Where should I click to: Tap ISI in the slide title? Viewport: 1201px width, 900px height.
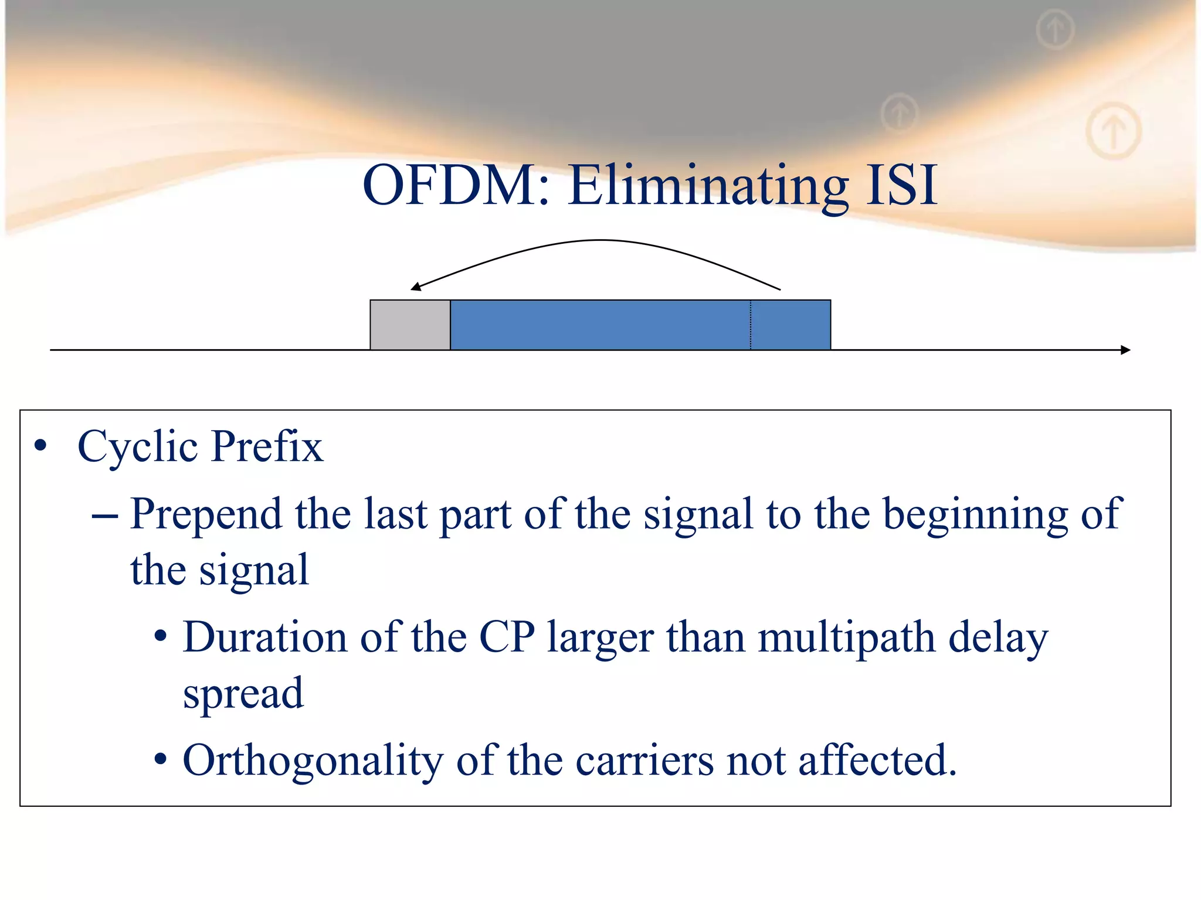[901, 186]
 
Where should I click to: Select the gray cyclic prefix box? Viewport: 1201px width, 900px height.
[410, 325]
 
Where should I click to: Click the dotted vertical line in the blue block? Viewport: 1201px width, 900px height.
[751, 325]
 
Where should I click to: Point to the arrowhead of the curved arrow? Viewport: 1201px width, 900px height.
[415, 287]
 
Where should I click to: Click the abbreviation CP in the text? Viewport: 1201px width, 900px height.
[507, 637]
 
